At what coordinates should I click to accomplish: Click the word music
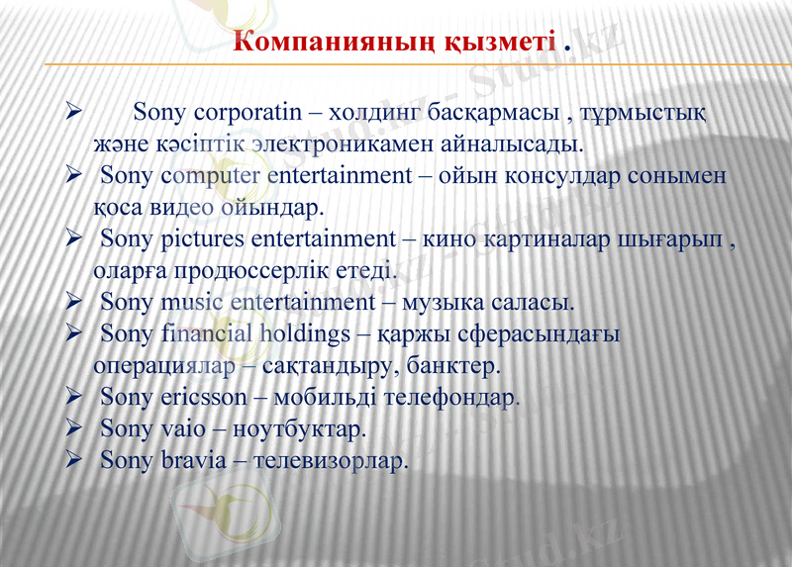click(x=191, y=301)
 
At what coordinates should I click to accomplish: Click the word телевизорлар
click(x=331, y=461)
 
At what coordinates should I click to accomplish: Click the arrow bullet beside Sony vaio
click(x=73, y=429)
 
